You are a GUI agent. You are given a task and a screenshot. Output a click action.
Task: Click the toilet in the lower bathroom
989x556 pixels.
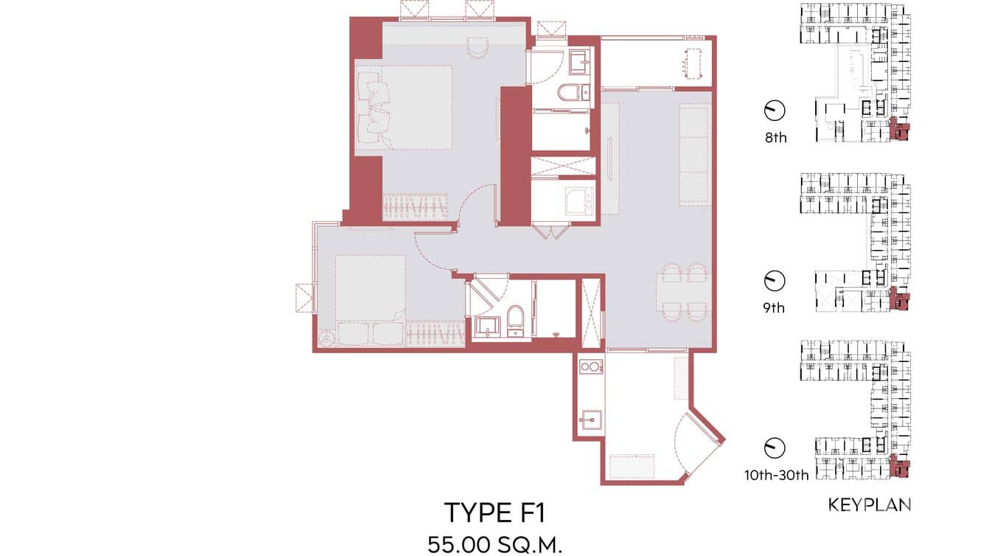pyautogui.click(x=515, y=319)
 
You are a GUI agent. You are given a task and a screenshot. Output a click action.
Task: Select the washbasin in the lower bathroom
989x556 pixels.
pyautogui.click(x=486, y=324)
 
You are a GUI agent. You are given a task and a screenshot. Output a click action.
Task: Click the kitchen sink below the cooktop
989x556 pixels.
pyautogui.click(x=590, y=421)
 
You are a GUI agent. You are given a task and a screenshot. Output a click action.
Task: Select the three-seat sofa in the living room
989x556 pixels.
pyautogui.click(x=693, y=156)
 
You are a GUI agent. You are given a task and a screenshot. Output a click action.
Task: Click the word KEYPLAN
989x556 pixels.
pyautogui.click(x=870, y=505)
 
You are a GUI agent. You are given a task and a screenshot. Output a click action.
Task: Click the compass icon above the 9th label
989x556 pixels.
pyautogui.click(x=775, y=280)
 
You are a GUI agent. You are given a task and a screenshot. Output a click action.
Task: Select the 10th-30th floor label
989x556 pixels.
pyautogui.click(x=776, y=476)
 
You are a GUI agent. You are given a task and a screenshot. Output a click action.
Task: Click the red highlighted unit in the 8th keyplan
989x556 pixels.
pyautogui.click(x=899, y=130)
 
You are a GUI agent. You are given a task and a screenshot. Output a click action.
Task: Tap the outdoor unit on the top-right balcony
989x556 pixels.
pyautogui.click(x=692, y=63)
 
